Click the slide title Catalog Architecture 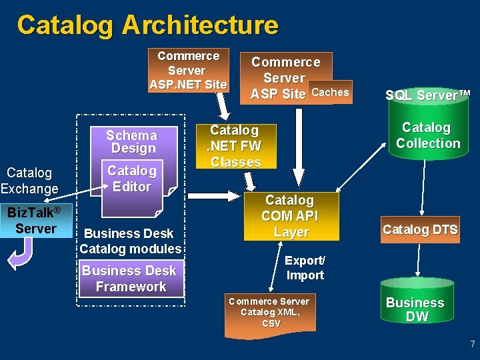click(x=147, y=25)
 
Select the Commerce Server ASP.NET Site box click(x=188, y=70)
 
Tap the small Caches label click(x=330, y=93)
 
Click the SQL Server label click(x=427, y=95)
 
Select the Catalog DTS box click(x=419, y=230)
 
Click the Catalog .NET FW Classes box click(x=235, y=146)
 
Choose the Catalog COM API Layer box click(x=291, y=216)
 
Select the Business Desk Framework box click(x=130, y=279)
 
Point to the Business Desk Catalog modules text click(x=130, y=241)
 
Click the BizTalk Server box click(x=36, y=221)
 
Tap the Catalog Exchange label click(x=29, y=181)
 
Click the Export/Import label click(x=305, y=267)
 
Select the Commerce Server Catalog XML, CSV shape click(x=270, y=313)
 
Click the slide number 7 click(x=472, y=345)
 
